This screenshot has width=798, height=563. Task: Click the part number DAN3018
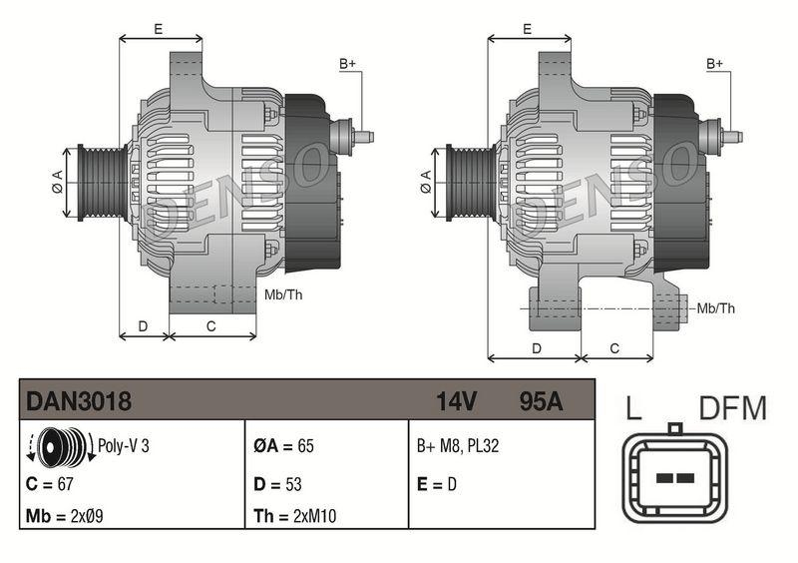click(79, 401)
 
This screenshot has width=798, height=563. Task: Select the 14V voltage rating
click(456, 401)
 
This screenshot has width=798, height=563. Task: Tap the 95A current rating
click(541, 401)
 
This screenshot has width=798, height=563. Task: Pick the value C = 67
click(52, 484)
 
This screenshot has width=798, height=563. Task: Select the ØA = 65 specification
click(283, 446)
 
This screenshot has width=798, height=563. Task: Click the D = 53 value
click(278, 484)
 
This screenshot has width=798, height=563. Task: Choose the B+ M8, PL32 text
click(458, 446)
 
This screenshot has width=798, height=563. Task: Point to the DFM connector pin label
click(732, 408)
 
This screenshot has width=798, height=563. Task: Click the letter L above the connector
click(633, 408)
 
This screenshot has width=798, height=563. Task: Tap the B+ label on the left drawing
click(348, 64)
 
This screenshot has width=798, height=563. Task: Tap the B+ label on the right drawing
click(715, 64)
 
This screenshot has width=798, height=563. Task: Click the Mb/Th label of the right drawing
click(715, 308)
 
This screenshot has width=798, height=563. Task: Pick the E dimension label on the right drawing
click(526, 29)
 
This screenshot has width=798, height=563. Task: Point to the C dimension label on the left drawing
click(211, 325)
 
